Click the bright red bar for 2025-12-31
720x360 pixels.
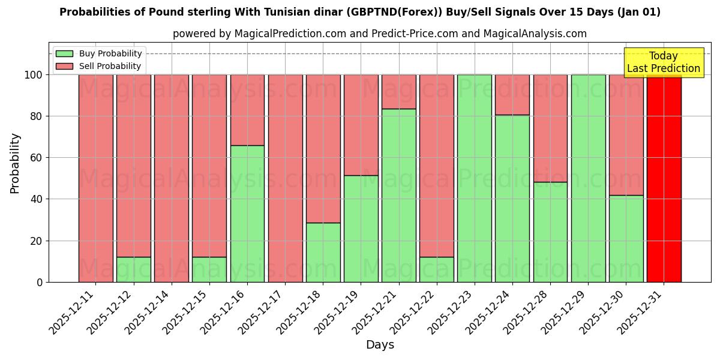[x=664, y=178]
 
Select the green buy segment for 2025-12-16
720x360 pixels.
[x=247, y=214]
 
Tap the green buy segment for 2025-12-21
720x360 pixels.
[x=398, y=196]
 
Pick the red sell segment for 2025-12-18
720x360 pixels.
[x=323, y=148]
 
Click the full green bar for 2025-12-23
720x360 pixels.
[x=474, y=178]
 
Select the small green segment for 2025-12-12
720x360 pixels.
[x=133, y=269]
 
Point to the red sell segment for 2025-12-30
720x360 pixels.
[x=626, y=134]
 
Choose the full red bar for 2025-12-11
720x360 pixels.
[x=95, y=178]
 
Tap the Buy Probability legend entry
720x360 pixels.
[x=99, y=54]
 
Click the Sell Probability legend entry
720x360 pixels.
[x=99, y=66]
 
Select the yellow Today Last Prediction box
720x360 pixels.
[x=663, y=62]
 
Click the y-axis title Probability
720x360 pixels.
[x=15, y=163]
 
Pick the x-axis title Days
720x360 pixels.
[x=380, y=345]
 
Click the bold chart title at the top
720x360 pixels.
[x=360, y=12]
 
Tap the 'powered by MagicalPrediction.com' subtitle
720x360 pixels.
[x=380, y=34]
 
